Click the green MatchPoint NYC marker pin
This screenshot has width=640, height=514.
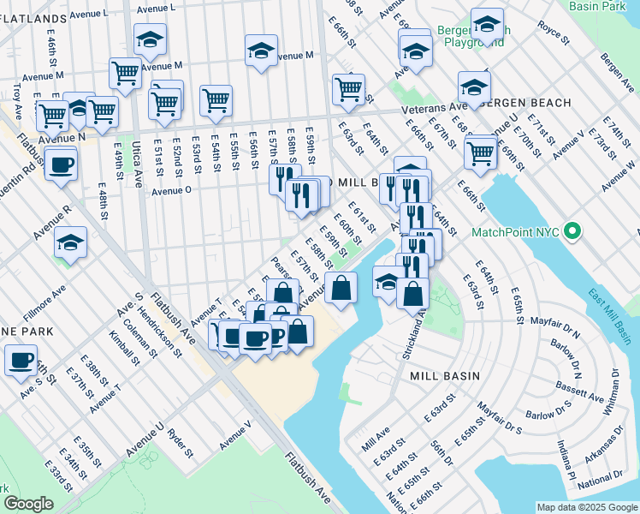tap(575, 231)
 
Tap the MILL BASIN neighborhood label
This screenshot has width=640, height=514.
tap(445, 376)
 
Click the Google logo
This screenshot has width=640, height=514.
tap(28, 503)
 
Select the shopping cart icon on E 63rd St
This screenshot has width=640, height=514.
tap(348, 88)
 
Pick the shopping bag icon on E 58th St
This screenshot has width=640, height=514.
tap(341, 288)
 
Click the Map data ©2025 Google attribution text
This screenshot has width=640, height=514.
tap(586, 506)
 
